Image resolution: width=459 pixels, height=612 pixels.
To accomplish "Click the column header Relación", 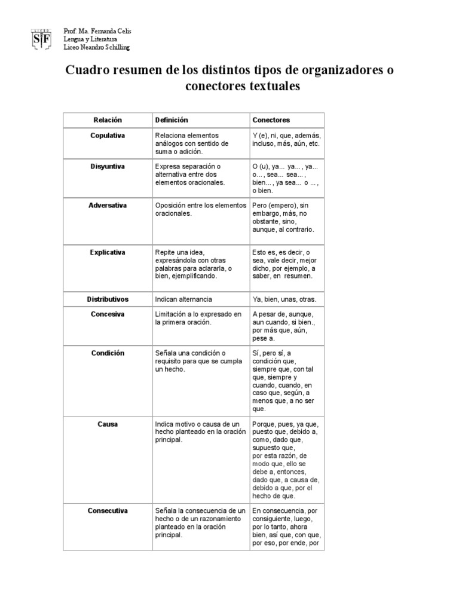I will [108, 120].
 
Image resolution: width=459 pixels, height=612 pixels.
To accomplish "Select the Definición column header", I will [172, 120].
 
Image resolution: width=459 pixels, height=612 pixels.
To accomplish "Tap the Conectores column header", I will [271, 120].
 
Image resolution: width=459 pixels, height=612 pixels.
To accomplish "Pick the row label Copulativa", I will [108, 136].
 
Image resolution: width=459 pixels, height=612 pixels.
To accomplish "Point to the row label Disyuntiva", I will [108, 166].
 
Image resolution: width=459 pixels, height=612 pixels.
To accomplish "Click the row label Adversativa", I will [108, 205].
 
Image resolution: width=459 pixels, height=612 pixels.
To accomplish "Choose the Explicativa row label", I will [108, 252].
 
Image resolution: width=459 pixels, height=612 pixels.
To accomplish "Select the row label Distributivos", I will [108, 299].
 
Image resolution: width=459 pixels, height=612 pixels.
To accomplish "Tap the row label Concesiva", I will [108, 314].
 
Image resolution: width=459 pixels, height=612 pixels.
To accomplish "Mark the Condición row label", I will [108, 353].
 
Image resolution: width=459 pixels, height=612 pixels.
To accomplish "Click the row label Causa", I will [108, 424].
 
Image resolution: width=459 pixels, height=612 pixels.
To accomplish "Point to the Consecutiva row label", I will [108, 510].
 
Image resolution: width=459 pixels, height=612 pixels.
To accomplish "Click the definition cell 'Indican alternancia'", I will [183, 299].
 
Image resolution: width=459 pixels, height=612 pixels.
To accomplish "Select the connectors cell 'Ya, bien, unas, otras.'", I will [284, 299].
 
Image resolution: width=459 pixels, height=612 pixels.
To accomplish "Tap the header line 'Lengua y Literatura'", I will [91, 39].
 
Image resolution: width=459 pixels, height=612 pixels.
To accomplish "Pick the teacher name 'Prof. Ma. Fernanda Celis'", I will [97, 30].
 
